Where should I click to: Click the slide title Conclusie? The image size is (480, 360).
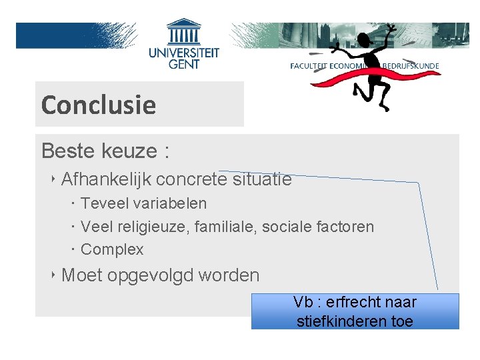(x=98, y=105)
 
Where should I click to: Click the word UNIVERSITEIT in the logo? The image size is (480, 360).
(x=184, y=53)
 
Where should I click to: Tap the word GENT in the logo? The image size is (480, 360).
(x=184, y=65)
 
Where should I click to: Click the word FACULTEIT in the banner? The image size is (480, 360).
(x=313, y=66)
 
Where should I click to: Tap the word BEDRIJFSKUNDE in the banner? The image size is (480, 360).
(x=411, y=66)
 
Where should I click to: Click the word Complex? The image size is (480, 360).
(x=112, y=249)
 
